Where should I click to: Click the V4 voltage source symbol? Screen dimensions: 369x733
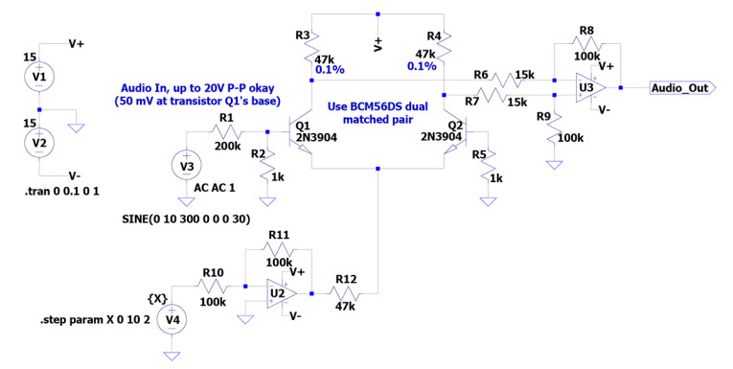click(172, 319)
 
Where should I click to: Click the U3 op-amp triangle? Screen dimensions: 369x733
click(586, 88)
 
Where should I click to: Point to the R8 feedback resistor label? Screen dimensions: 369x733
click(586, 32)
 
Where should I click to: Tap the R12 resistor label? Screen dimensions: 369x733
click(343, 278)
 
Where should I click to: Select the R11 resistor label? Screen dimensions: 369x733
click(279, 235)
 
